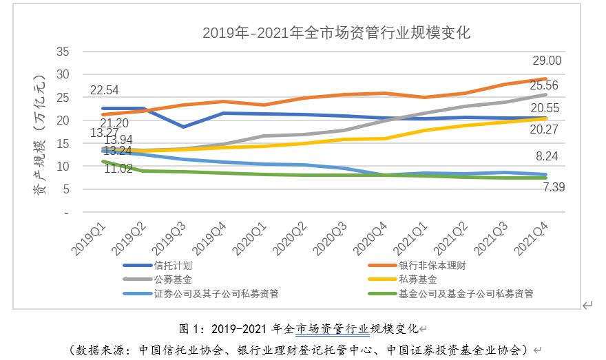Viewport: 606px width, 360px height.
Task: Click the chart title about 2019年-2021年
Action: tap(336, 33)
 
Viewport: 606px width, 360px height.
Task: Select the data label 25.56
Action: tap(543, 86)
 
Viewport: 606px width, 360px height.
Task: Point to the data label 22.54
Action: tap(105, 89)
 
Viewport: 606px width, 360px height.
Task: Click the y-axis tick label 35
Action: tap(63, 51)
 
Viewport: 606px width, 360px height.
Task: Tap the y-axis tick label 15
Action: tap(63, 143)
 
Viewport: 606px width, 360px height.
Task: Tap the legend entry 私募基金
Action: tap(417, 279)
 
